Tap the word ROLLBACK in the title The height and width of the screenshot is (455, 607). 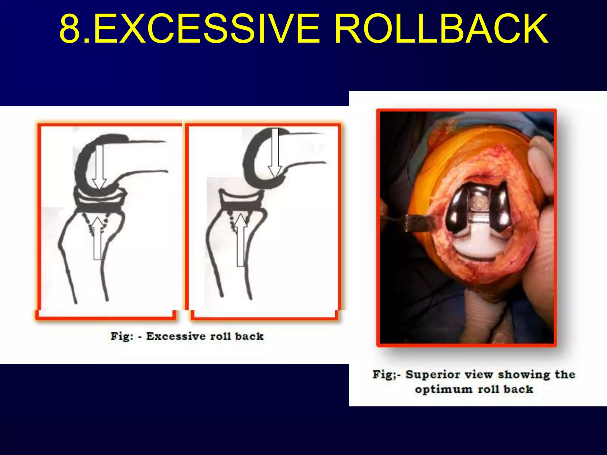tap(442, 29)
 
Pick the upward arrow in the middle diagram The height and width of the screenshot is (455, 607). tap(241, 240)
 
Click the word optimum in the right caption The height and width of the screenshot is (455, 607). tap(443, 389)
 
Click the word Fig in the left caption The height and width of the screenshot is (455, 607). tap(121, 336)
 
